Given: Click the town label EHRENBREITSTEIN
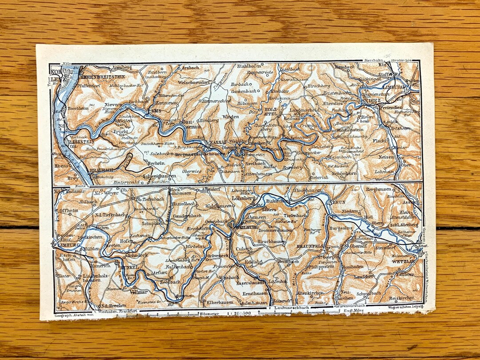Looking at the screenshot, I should point(99,76).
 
